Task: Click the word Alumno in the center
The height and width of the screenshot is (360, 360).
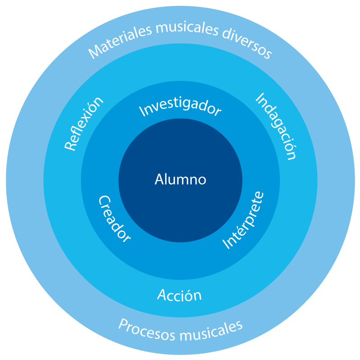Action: click(180, 180)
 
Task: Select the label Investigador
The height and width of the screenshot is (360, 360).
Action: click(180, 107)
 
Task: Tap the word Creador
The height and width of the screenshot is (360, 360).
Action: click(114, 219)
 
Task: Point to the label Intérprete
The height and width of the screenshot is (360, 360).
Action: click(244, 220)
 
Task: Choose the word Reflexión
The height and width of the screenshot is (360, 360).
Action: click(84, 123)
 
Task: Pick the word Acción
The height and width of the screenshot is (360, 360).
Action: click(179, 296)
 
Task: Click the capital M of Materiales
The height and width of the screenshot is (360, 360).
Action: click(93, 52)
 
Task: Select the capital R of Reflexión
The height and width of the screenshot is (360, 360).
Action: click(70, 145)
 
